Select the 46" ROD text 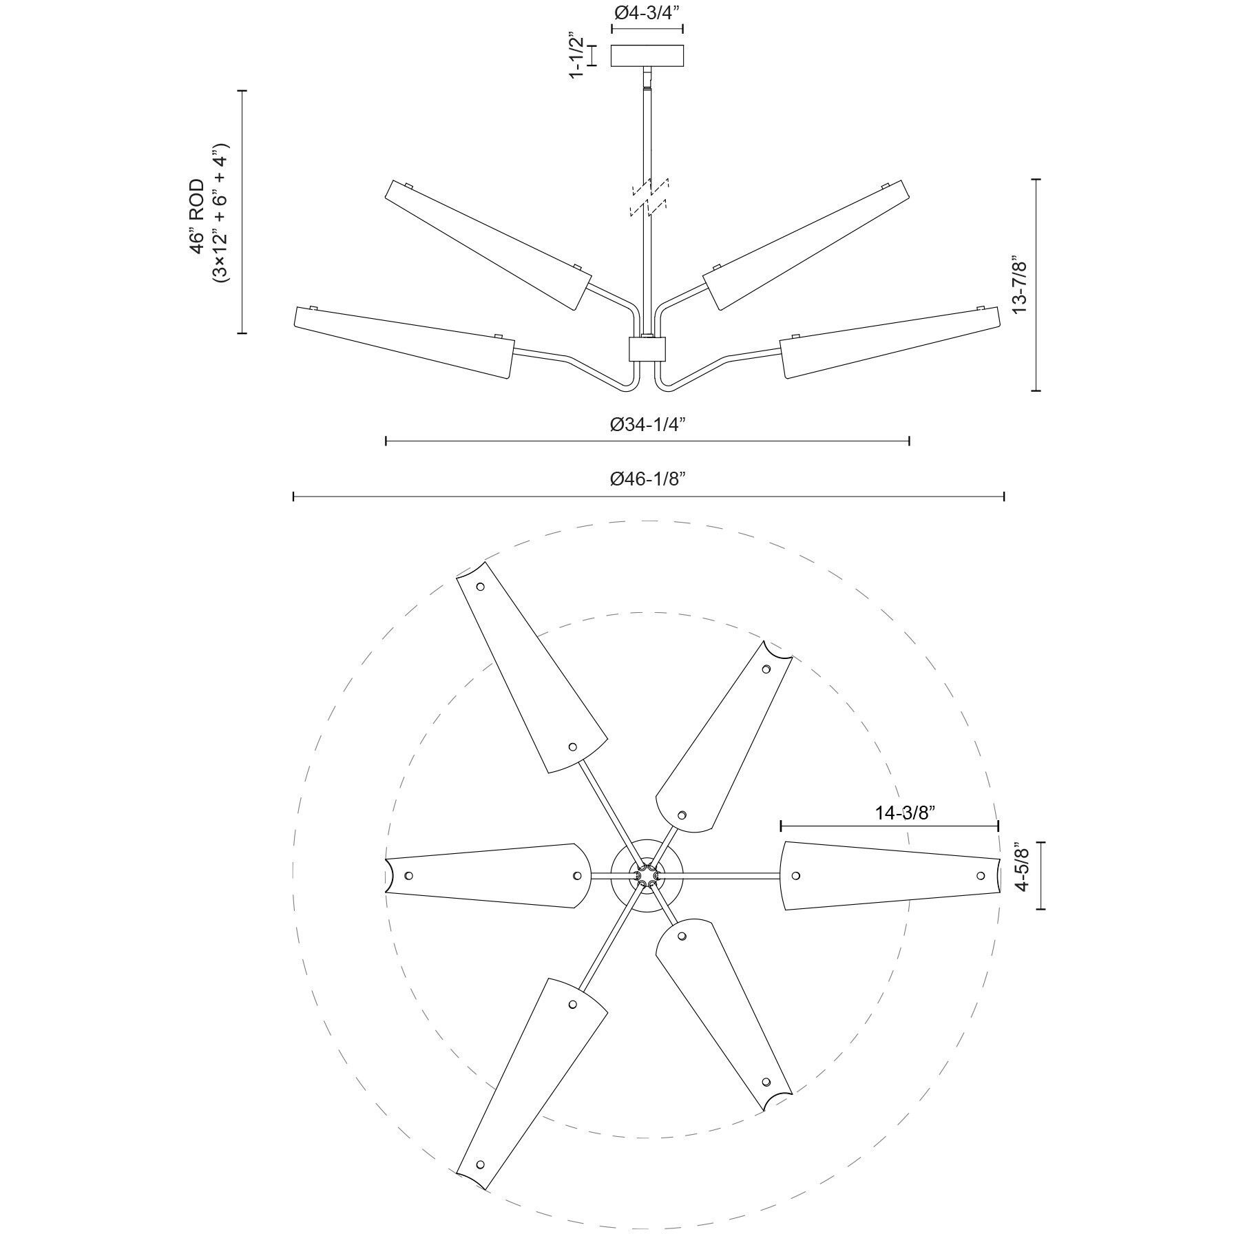[198, 216]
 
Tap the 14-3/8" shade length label [904, 813]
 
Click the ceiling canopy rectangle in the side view [647, 55]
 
